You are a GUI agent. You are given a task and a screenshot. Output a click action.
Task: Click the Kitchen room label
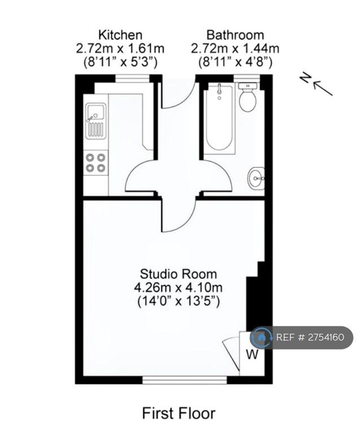[x=120, y=35]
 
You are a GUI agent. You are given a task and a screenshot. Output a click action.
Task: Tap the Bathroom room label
[x=235, y=35]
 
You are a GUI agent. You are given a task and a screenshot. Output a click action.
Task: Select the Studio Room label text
[x=178, y=274]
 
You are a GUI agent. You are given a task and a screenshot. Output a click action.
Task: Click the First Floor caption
[x=178, y=413]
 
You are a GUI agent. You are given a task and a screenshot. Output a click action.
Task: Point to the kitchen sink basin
[x=96, y=111]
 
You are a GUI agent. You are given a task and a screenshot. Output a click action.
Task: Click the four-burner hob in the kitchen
[x=95, y=162]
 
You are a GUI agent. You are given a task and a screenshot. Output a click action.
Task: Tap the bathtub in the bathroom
[x=219, y=118]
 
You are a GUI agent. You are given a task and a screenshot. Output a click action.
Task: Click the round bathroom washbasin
[x=256, y=179]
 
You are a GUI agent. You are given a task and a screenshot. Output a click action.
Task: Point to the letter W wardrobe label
[x=252, y=354]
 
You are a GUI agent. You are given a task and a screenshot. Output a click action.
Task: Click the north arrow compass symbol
[x=317, y=84]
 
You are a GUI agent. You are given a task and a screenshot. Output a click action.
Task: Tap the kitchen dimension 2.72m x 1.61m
[x=120, y=49]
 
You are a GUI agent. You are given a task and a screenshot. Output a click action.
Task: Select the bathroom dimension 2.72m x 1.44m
[x=235, y=49]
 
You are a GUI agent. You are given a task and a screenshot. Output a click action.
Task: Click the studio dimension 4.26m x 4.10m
[x=178, y=288]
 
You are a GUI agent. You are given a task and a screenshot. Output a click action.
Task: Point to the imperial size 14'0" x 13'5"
[x=178, y=301]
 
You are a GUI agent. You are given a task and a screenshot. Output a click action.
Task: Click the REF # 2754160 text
[x=310, y=337]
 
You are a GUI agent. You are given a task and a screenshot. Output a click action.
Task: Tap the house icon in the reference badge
[x=262, y=337]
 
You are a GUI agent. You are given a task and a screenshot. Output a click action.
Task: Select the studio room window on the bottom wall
[x=185, y=380]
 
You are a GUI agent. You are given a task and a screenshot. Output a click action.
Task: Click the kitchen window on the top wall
[x=133, y=78]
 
